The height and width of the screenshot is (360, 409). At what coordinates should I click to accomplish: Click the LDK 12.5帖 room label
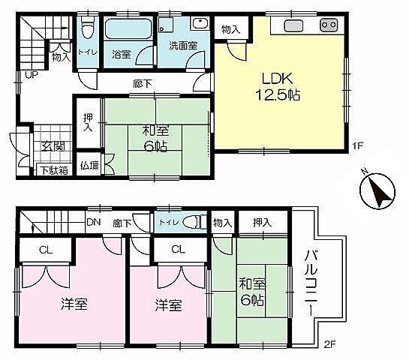pos(278,86)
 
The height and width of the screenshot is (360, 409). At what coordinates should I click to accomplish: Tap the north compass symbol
pos(377,190)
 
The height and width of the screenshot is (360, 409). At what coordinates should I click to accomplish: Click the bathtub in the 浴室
pos(128,29)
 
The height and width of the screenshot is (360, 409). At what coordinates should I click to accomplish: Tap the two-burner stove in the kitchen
pos(329,25)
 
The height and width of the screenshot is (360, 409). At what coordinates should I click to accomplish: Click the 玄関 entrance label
pos(53,147)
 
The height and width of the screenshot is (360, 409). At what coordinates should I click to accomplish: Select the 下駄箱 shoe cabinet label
pos(54,170)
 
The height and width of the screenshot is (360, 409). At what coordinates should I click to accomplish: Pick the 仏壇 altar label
pos(89,165)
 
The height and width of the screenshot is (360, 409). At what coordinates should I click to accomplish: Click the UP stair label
pos(32,75)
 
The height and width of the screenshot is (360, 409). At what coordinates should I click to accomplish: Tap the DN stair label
pos(93,222)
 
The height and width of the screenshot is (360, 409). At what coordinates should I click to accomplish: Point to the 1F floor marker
pos(358,145)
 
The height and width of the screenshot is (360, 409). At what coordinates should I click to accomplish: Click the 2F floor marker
pos(330,344)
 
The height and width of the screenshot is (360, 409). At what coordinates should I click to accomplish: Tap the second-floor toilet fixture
pos(193,222)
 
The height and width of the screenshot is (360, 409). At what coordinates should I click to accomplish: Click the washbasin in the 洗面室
pos(200,24)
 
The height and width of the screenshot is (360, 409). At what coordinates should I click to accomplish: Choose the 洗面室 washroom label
pos(183,46)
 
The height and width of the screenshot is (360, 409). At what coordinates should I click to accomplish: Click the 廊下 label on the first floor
pos(143,84)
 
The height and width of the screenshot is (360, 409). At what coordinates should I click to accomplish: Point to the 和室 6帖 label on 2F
pos(252,292)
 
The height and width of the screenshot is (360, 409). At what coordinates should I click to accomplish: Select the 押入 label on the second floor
pos(263,222)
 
